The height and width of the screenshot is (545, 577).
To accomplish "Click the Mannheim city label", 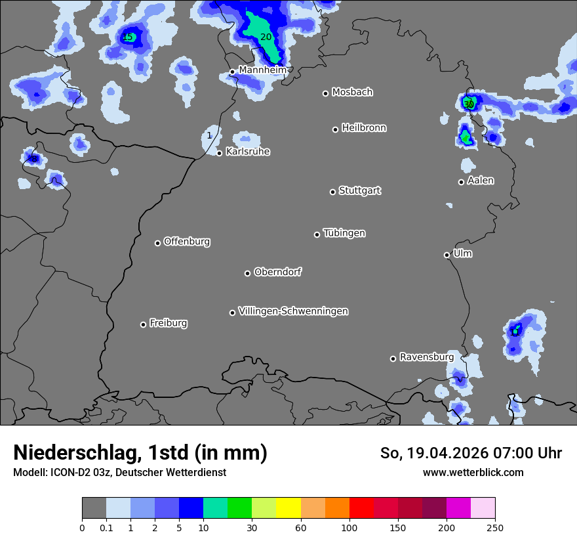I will [x=262, y=70].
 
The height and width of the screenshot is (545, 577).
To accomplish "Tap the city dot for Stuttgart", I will [x=332, y=192].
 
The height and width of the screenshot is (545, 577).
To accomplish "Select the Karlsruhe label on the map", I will [x=248, y=152].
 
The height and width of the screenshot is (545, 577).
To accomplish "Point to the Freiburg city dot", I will [x=143, y=324].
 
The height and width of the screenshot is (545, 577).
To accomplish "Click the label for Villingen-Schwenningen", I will [x=293, y=311].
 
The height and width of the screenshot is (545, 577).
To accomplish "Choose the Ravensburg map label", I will [x=427, y=357].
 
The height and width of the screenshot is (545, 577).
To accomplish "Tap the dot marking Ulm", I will [x=447, y=255].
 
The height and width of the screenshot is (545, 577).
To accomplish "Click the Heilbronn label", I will [x=364, y=128].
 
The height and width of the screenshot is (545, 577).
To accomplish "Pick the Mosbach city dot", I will [x=325, y=93].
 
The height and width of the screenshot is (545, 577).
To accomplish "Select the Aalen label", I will [x=481, y=181].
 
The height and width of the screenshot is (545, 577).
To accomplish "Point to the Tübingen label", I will [x=344, y=233].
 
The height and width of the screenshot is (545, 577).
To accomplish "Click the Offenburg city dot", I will [x=157, y=243].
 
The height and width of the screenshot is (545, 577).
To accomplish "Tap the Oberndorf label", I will [x=278, y=272].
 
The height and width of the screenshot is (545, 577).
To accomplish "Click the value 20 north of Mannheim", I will [x=266, y=37].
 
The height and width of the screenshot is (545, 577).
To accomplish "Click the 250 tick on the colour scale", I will [x=495, y=527].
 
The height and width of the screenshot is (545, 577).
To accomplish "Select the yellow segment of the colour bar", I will [x=288, y=508].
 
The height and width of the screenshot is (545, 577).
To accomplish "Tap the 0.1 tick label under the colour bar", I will [x=106, y=527].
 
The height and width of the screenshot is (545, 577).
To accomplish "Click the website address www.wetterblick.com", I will [x=473, y=472].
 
